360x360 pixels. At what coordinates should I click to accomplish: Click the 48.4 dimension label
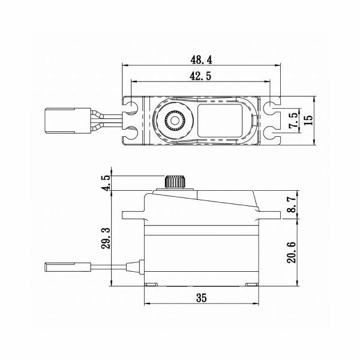[x=202, y=60]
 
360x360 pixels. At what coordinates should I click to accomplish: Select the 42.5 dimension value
[x=200, y=76]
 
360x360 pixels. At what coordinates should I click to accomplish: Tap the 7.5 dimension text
[x=294, y=121]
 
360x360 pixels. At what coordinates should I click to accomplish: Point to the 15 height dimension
[x=308, y=120]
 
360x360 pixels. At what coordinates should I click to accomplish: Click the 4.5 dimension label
[x=106, y=183]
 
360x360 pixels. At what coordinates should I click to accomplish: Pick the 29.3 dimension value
[x=106, y=238]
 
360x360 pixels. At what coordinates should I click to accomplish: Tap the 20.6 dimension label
[x=292, y=252]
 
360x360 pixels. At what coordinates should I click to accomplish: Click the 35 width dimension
[x=202, y=298]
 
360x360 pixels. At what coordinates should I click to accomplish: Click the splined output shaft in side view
[x=175, y=182]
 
